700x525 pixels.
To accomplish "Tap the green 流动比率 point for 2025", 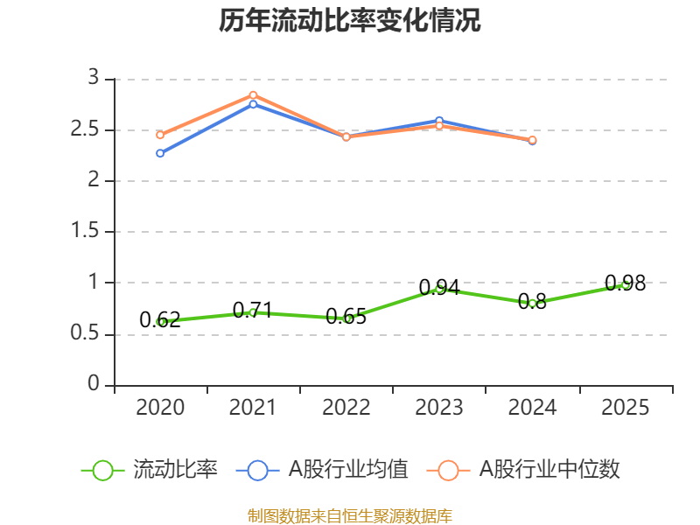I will coord(625,283).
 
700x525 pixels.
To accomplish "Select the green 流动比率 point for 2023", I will coord(439,287).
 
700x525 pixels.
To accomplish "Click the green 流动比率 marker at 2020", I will coord(161,321).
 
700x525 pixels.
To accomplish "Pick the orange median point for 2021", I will coord(253,94).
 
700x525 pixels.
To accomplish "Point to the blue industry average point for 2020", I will coord(160,153).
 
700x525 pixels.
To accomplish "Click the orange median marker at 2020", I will coord(160,135).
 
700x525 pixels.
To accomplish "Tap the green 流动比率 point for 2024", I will coord(532,303).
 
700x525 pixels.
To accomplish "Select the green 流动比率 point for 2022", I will coord(346,318).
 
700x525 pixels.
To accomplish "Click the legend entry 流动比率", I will coord(149,470).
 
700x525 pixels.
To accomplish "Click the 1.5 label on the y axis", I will coord(90,232).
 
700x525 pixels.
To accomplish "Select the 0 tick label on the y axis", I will coord(95,385).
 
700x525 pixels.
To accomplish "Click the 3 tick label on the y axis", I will coord(94,79).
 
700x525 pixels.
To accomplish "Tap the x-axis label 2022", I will coord(346,408).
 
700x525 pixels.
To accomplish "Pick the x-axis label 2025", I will coord(625,408).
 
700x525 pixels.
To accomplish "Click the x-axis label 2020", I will coord(161,408).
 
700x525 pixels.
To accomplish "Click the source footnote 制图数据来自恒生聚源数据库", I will coord(350,515).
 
